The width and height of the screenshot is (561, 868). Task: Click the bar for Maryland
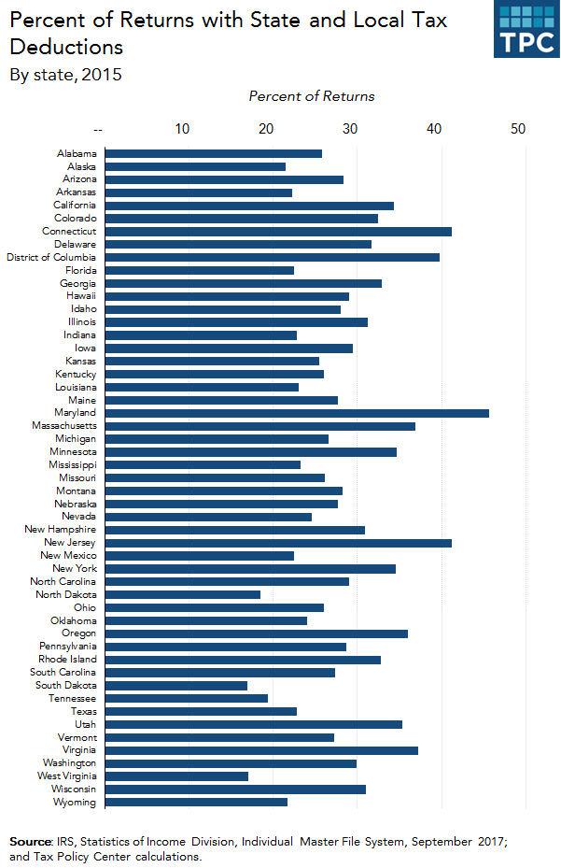[x=297, y=413]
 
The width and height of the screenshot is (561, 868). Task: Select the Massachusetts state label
[x=63, y=426]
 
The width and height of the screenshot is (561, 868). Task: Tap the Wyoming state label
[x=76, y=802]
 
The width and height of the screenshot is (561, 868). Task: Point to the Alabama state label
[x=76, y=153]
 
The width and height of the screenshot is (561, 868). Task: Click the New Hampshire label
[x=60, y=530]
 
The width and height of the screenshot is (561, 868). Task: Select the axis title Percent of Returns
[x=312, y=96]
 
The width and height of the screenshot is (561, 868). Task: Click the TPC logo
[x=526, y=29]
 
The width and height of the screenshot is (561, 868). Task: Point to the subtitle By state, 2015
[x=65, y=75]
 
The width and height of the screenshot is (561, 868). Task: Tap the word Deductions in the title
[x=65, y=47]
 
